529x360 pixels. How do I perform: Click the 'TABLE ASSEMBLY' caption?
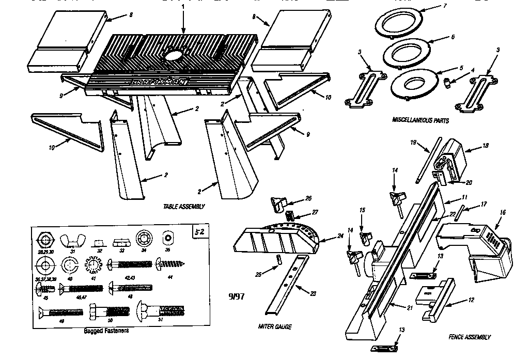[183, 206]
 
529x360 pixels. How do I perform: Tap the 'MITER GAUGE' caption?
[274, 326]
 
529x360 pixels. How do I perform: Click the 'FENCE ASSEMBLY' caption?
[470, 337]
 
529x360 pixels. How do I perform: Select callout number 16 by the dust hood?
[501, 212]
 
